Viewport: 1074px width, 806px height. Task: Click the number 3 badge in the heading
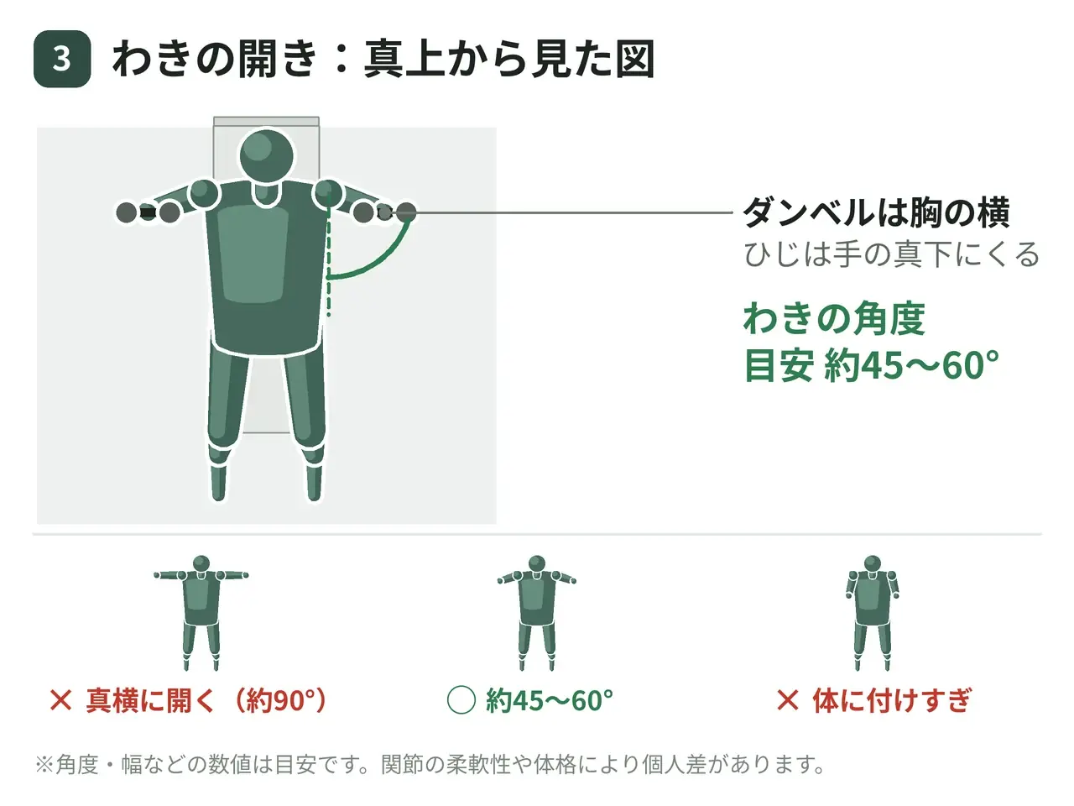62,59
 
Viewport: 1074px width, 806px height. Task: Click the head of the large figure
267,155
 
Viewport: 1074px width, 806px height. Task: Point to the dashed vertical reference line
329,254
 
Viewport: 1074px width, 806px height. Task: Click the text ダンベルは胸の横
876,212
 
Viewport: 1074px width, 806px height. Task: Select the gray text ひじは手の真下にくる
891,254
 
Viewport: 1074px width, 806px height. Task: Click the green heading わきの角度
834,318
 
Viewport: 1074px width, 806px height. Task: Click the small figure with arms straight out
201,613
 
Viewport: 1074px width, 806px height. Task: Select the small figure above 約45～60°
537,613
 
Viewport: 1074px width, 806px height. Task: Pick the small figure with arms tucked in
873,613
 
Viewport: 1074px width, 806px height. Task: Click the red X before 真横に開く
60,700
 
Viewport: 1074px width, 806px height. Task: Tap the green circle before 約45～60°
461,700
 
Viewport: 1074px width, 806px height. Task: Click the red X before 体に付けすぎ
788,700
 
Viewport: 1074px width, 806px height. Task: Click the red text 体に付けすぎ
891,700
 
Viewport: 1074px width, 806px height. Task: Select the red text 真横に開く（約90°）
206,700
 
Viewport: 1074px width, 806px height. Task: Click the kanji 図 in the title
634,59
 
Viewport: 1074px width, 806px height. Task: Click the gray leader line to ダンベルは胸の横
573,213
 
